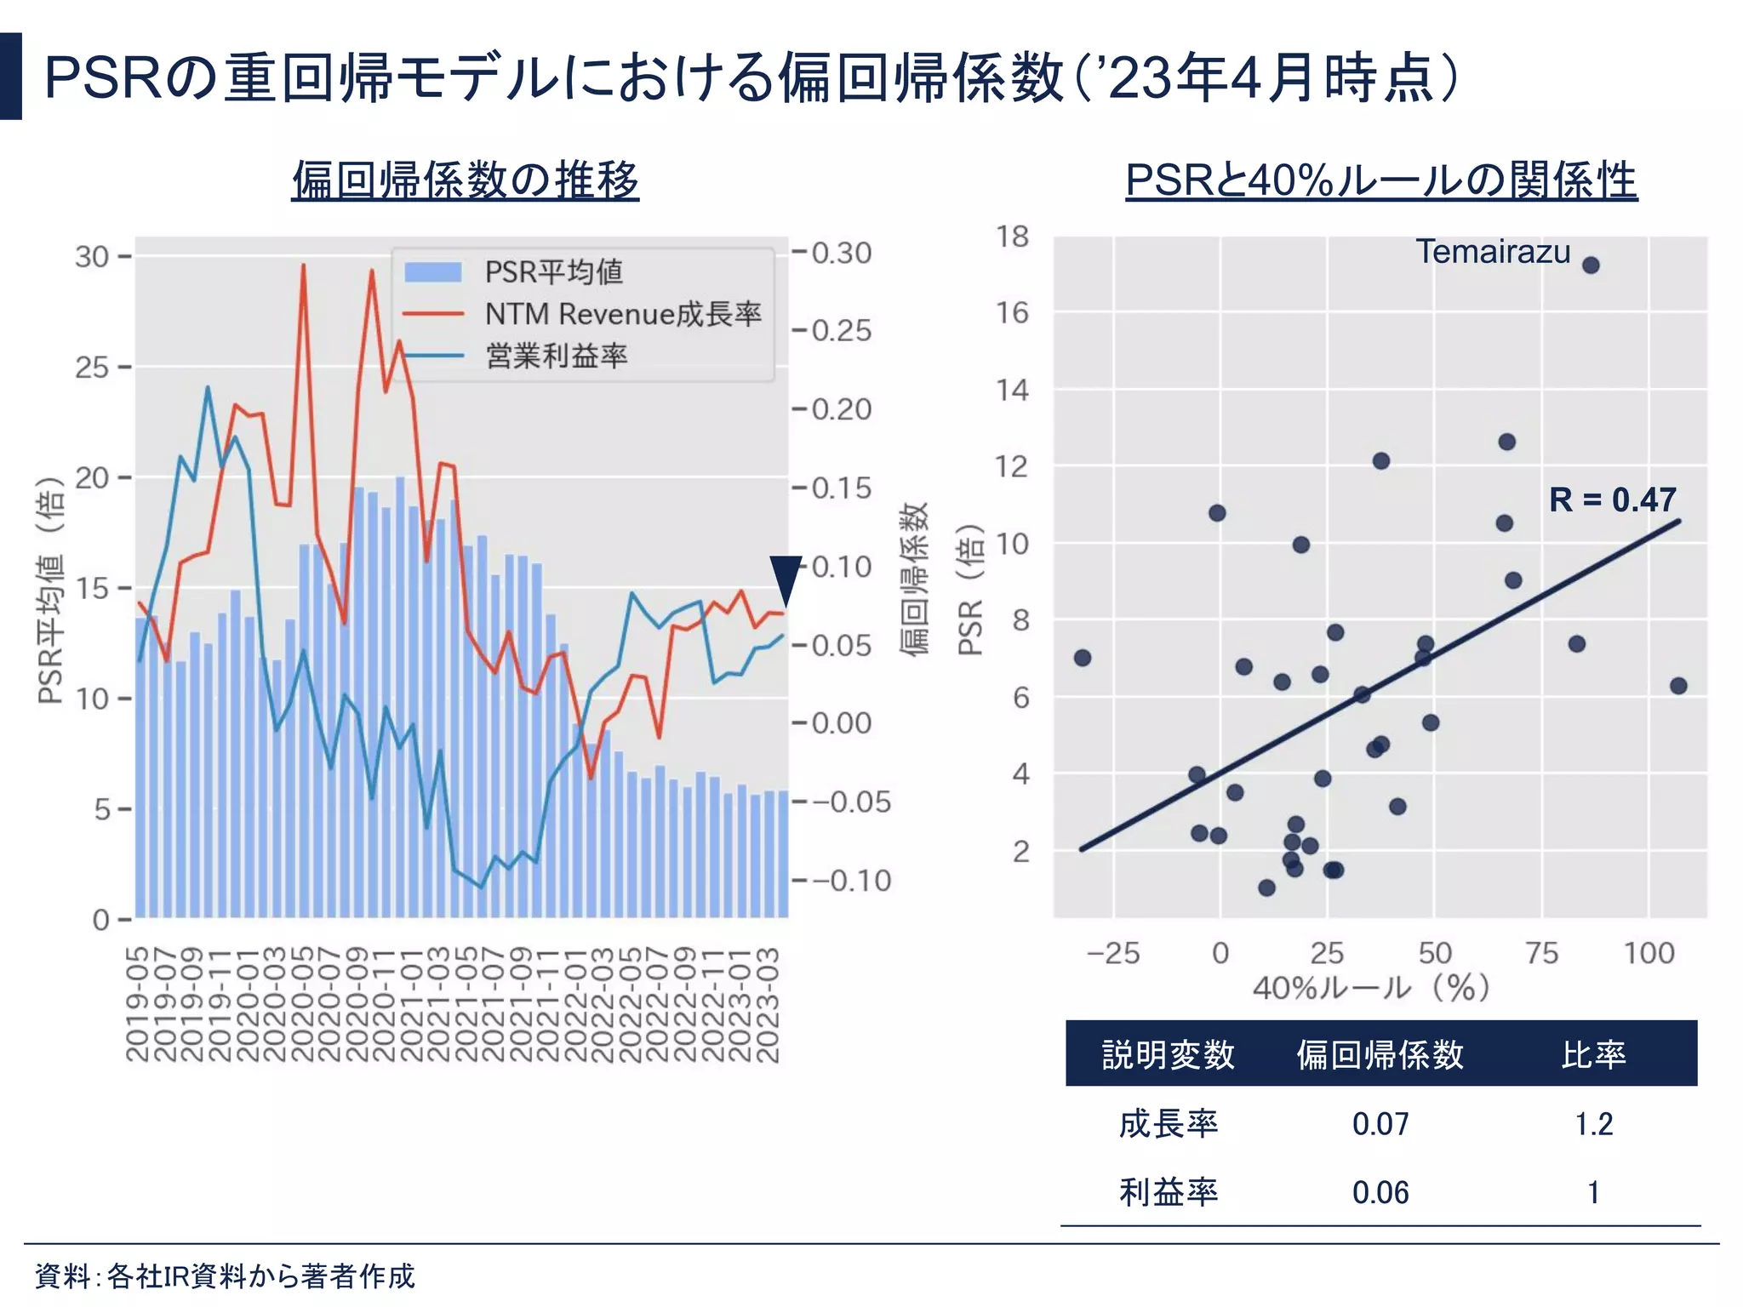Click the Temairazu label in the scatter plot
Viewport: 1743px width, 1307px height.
[x=1493, y=252]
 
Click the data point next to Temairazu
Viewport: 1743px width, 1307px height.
[x=1591, y=265]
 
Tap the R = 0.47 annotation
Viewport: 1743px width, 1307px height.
[x=1612, y=499]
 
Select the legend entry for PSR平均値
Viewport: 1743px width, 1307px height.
[x=553, y=272]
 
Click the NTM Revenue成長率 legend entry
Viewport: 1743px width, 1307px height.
[x=622, y=314]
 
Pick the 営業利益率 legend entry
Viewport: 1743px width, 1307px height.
[x=556, y=356]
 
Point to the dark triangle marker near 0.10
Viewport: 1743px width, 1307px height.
[x=786, y=579]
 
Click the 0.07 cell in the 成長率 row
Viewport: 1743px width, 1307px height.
[x=1380, y=1124]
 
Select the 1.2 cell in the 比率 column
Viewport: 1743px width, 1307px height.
[x=1593, y=1124]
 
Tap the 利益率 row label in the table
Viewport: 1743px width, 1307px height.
[x=1168, y=1192]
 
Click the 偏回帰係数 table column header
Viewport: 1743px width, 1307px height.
[x=1380, y=1054]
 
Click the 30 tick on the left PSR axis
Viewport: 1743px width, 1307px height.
[x=92, y=256]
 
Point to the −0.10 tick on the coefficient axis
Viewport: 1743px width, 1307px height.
[x=851, y=880]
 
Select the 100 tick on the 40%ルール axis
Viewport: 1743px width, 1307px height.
[x=1649, y=952]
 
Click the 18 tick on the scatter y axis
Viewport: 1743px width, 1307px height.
[x=1013, y=237]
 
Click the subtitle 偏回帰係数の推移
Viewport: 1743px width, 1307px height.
[x=465, y=180]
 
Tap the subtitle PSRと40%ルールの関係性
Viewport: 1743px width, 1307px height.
[x=1380, y=180]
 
